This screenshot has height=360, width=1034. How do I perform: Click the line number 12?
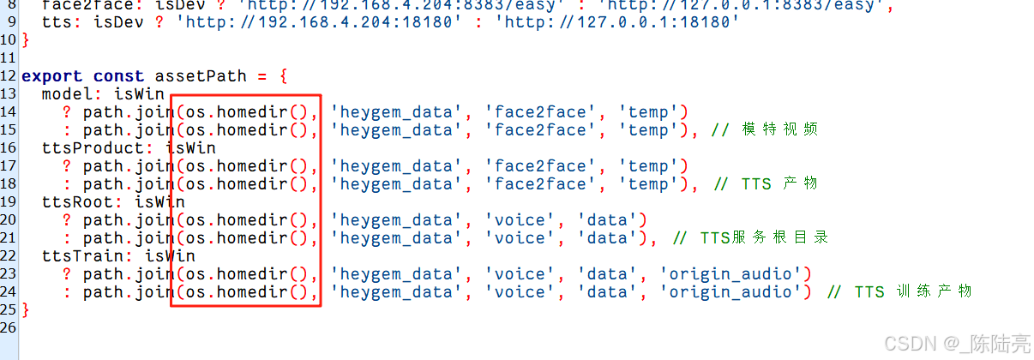click(x=9, y=75)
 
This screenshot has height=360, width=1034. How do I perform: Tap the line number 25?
click(x=9, y=309)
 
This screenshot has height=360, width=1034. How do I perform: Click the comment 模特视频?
click(x=775, y=129)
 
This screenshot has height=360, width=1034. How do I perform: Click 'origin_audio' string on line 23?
click(x=735, y=273)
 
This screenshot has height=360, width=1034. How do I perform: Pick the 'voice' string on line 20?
click(x=520, y=219)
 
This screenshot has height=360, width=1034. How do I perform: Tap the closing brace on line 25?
click(x=26, y=309)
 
